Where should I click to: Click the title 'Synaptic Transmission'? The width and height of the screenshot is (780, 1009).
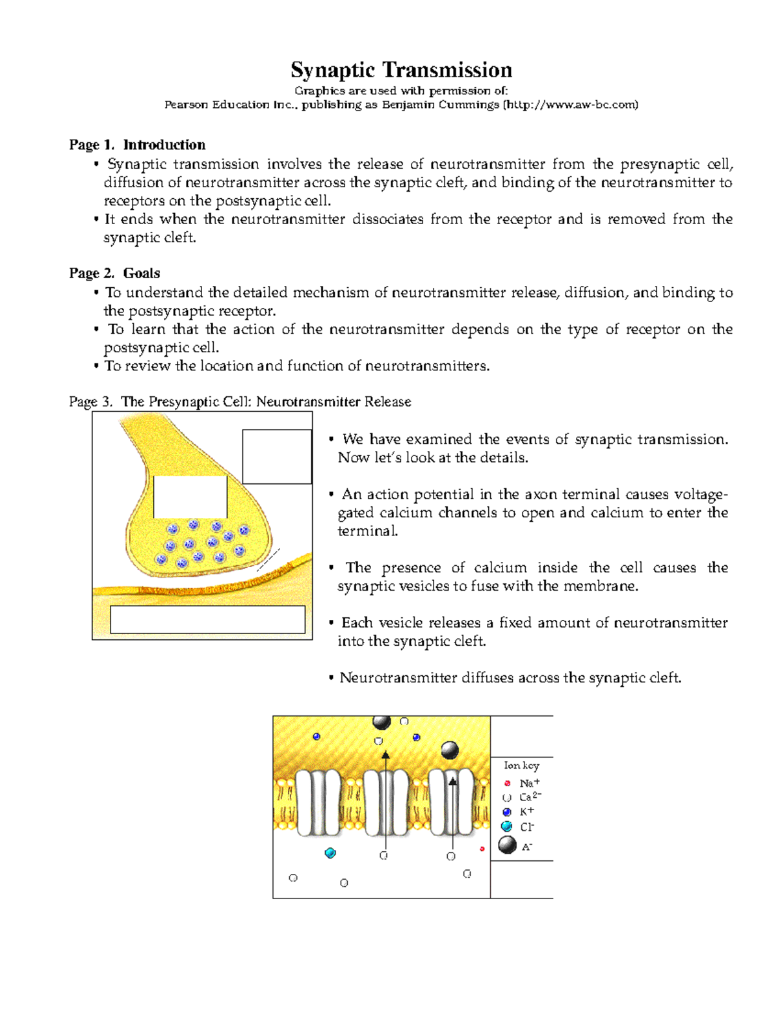(x=401, y=70)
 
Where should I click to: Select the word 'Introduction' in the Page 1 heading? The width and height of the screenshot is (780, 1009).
(x=164, y=145)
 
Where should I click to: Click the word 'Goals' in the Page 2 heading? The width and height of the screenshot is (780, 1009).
(x=142, y=274)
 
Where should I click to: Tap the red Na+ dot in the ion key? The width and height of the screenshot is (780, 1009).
(x=508, y=784)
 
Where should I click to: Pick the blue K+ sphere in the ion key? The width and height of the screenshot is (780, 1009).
(x=507, y=812)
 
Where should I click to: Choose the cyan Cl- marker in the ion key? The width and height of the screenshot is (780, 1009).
(x=507, y=826)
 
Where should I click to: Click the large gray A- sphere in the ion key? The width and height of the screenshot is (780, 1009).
(x=507, y=845)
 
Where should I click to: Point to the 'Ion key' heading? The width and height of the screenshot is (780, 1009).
(x=521, y=765)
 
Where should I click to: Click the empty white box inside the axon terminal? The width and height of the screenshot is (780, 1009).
(x=190, y=497)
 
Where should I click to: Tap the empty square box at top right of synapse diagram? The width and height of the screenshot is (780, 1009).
(x=277, y=456)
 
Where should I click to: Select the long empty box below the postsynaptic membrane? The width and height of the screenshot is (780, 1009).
(x=207, y=619)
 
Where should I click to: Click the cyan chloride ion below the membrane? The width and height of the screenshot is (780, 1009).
(x=330, y=853)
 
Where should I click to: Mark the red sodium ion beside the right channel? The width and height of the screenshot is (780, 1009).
(x=482, y=849)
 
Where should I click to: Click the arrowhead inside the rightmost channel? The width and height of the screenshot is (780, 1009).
(x=453, y=782)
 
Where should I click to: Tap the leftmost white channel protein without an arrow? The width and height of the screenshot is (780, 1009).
(x=318, y=803)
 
